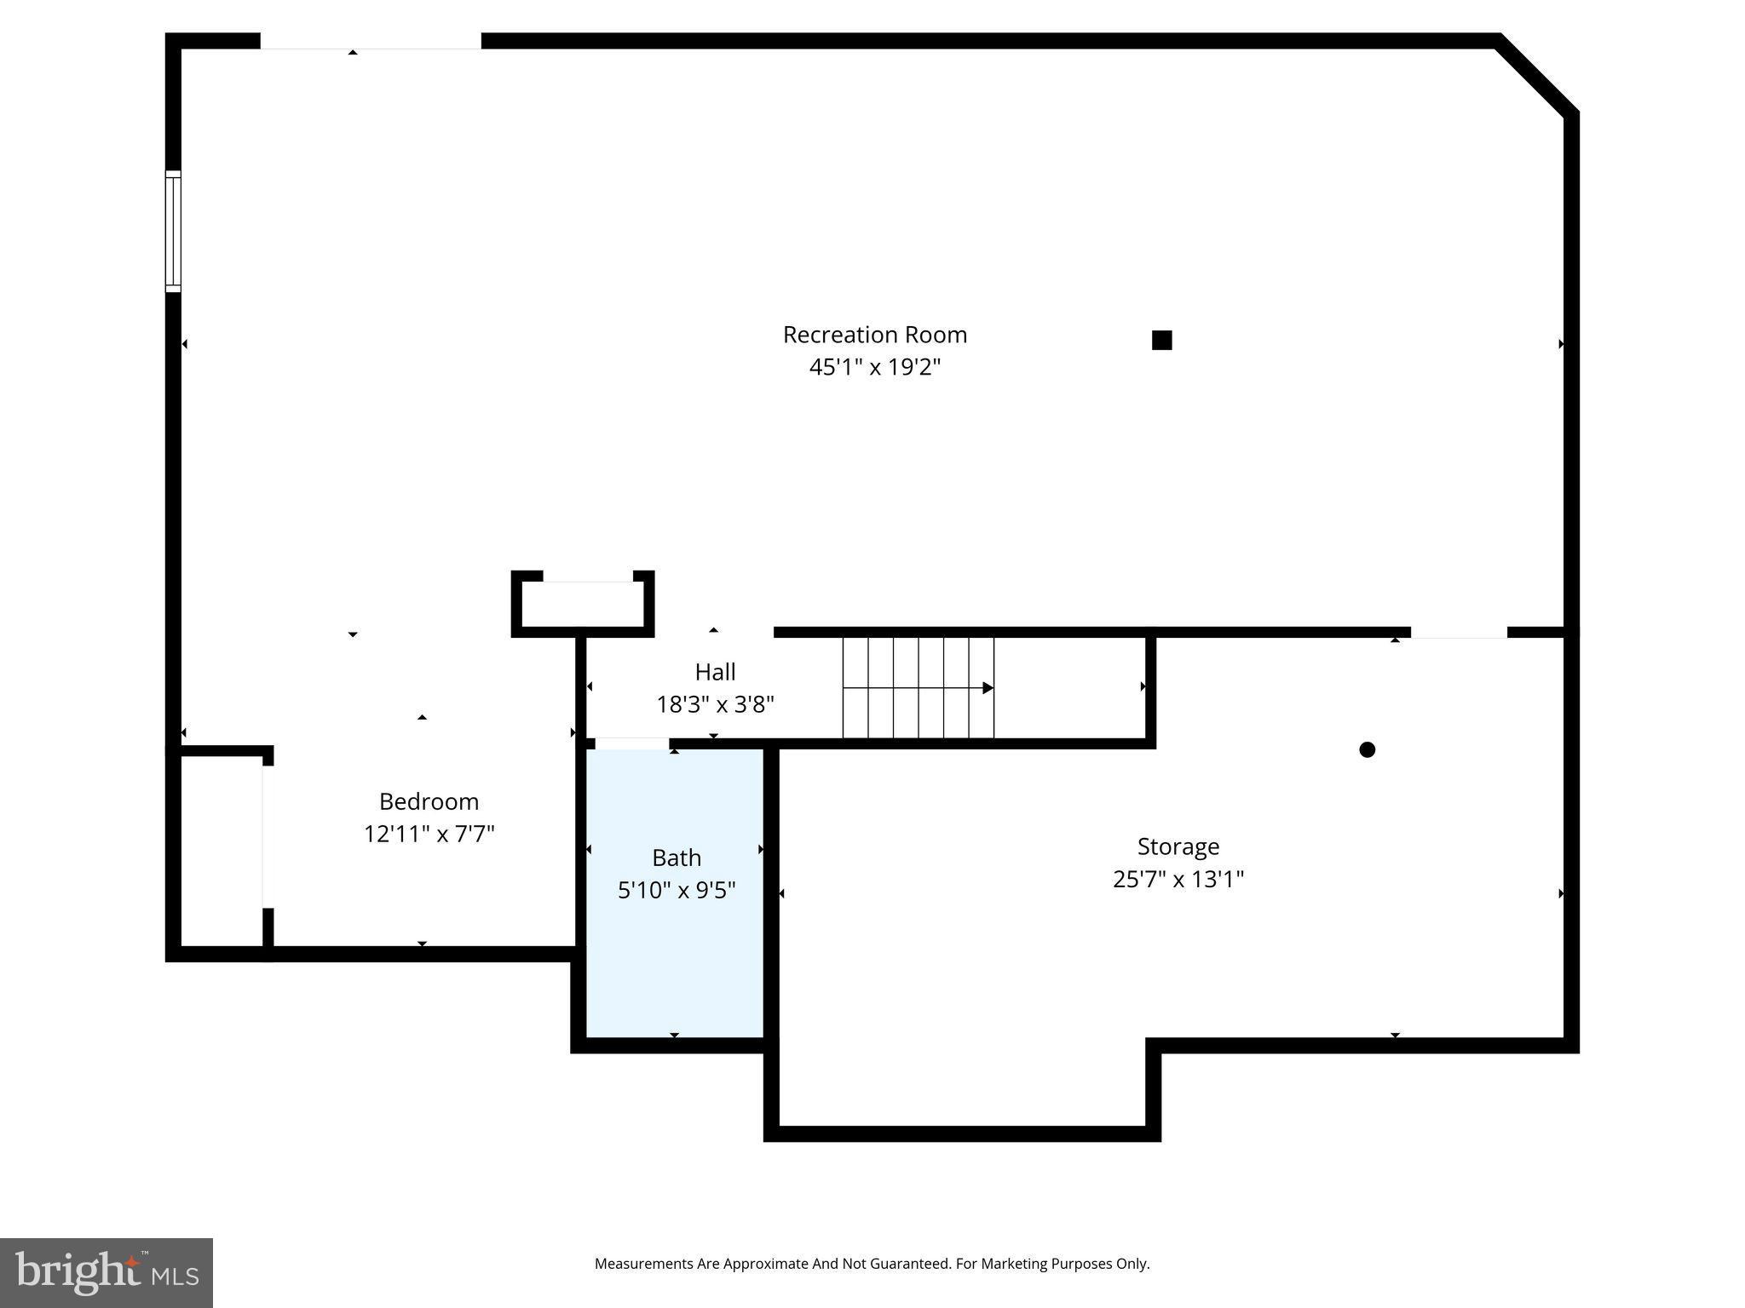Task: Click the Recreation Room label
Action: [874, 335]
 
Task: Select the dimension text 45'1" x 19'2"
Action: [874, 367]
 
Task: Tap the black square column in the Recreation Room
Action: [1161, 340]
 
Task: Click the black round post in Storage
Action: [1367, 749]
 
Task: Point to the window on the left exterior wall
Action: [173, 231]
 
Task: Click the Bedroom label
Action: [429, 801]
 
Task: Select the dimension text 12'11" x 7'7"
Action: [429, 834]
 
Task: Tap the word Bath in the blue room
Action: [677, 858]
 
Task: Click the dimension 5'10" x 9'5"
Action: [677, 890]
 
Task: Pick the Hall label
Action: [715, 672]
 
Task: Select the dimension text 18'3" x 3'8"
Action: [715, 704]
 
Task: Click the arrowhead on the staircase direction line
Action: [988, 687]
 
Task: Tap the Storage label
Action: [1178, 846]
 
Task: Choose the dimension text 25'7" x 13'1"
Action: [1178, 879]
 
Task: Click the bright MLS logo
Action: [106, 1272]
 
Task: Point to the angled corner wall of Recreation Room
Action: [1537, 74]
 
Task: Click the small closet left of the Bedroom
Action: [221, 851]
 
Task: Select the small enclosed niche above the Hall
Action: [583, 604]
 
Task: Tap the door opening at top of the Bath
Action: [631, 743]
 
